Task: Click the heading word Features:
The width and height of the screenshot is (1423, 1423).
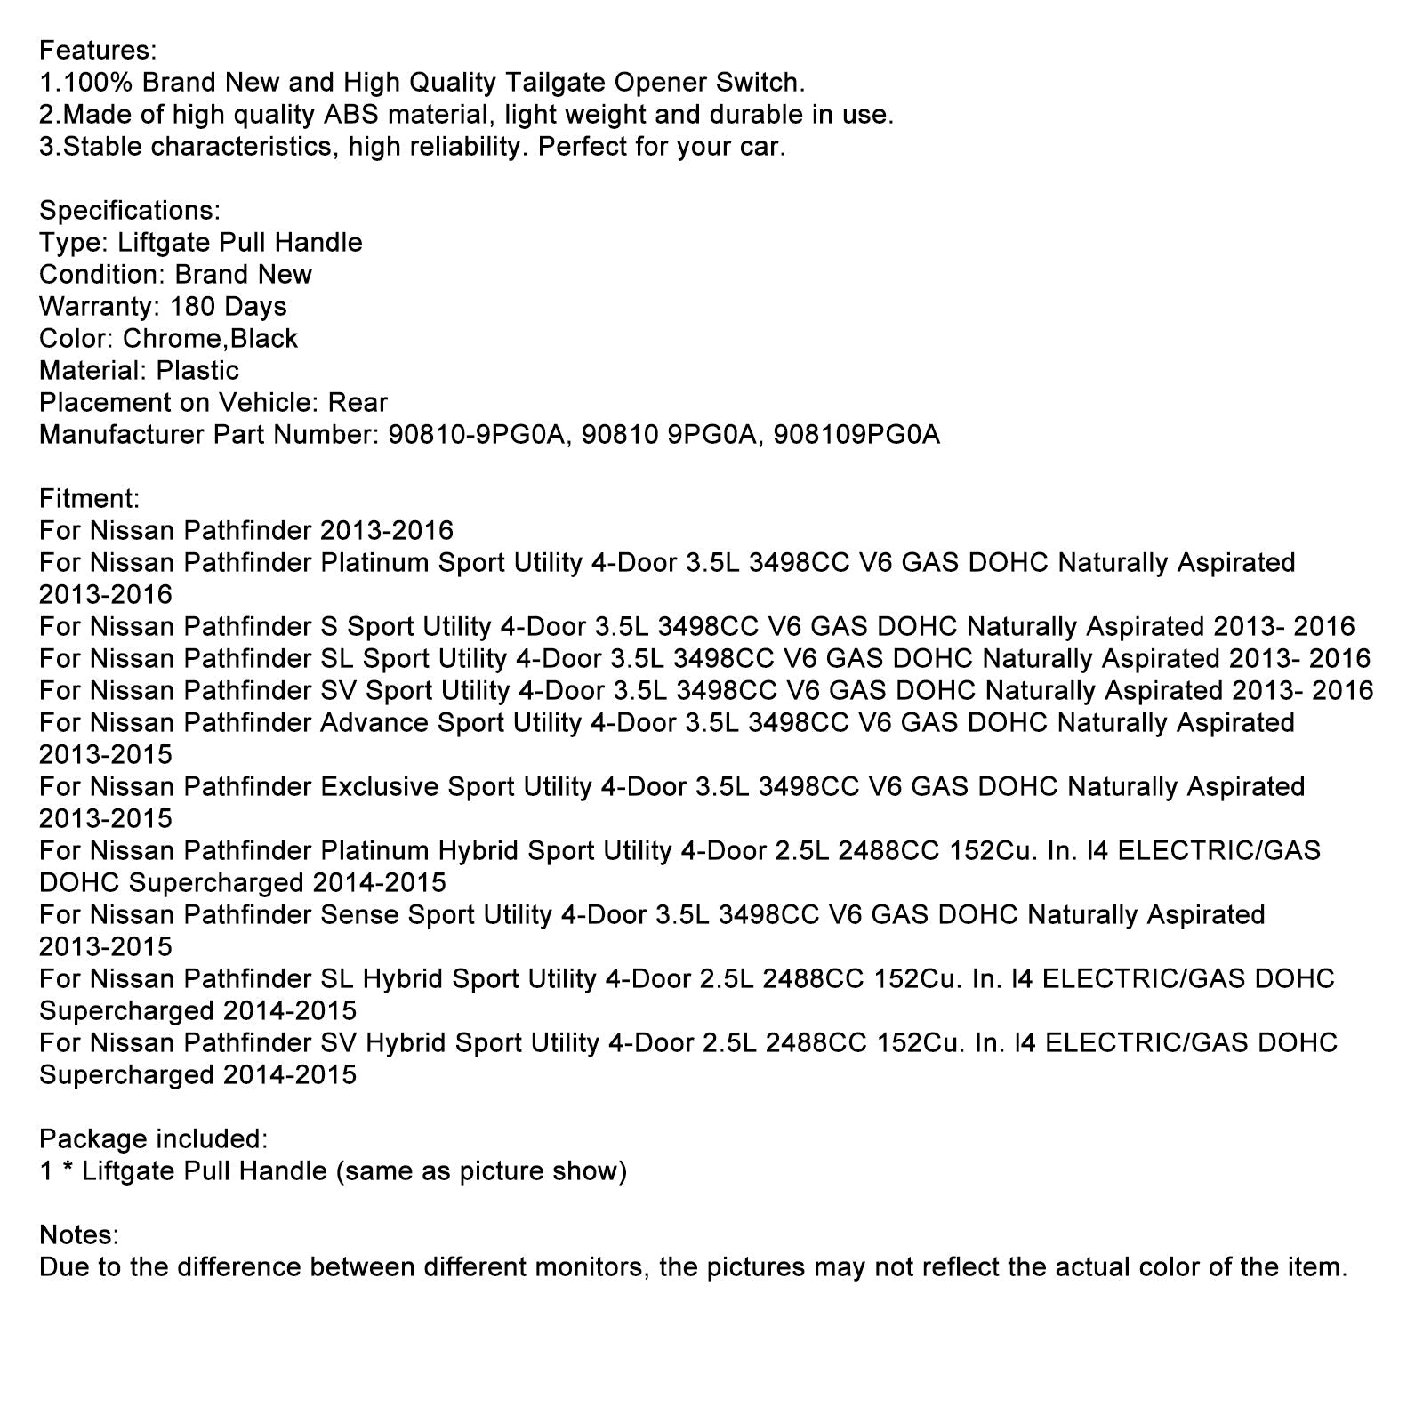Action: [98, 51]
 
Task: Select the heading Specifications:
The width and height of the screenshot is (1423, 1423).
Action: [130, 211]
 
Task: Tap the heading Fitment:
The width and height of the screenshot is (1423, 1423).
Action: [89, 499]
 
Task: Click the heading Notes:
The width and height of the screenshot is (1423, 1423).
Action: [79, 1234]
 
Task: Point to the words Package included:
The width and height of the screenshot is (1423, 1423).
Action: [153, 1138]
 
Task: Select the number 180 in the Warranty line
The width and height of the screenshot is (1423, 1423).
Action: [187, 307]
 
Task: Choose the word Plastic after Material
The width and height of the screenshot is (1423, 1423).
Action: [197, 371]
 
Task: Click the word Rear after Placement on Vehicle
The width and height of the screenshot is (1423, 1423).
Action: [358, 403]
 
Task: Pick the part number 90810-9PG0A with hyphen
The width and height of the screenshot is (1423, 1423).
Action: [478, 435]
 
